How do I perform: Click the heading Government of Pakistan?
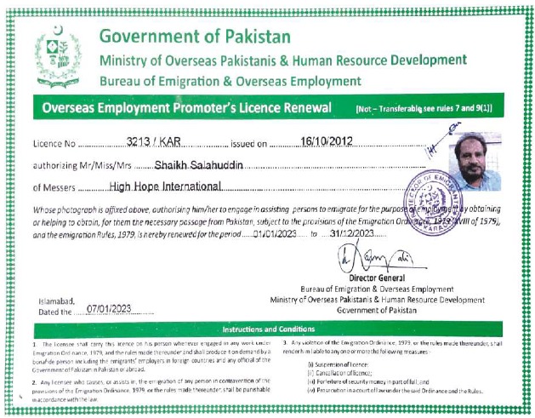click(x=195, y=37)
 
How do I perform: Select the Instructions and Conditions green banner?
click(x=268, y=329)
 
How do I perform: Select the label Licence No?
click(x=54, y=143)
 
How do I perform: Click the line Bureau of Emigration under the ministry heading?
click(x=230, y=80)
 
